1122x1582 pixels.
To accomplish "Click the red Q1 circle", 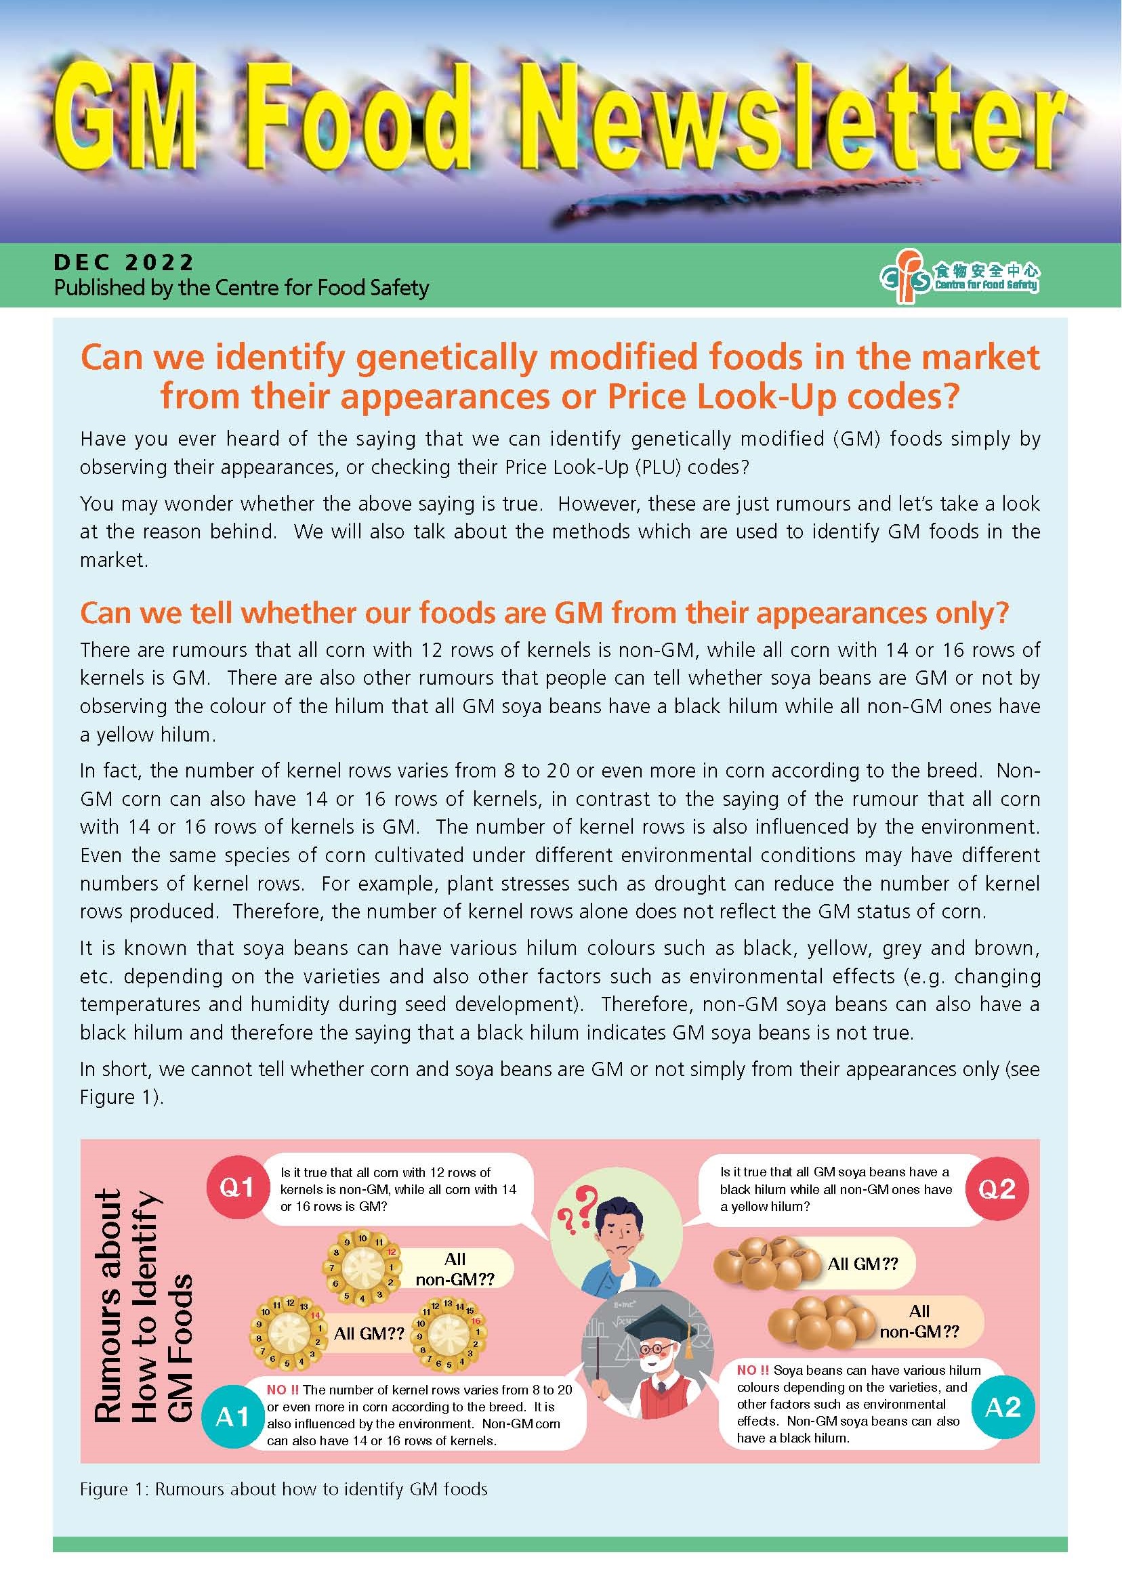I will click(236, 1188).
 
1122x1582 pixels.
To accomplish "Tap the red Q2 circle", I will click(996, 1189).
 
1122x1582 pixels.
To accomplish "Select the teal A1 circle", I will click(232, 1417).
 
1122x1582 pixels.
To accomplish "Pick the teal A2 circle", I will click(1003, 1407).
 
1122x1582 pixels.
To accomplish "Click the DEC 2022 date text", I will click(125, 263).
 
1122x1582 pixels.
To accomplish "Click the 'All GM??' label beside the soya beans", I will click(863, 1264).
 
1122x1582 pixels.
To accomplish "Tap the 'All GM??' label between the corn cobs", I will click(369, 1333).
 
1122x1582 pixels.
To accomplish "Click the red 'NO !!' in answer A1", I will click(283, 1390).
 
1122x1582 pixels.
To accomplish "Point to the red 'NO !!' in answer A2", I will click(752, 1370).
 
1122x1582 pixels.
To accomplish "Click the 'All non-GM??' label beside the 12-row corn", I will click(455, 1269).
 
